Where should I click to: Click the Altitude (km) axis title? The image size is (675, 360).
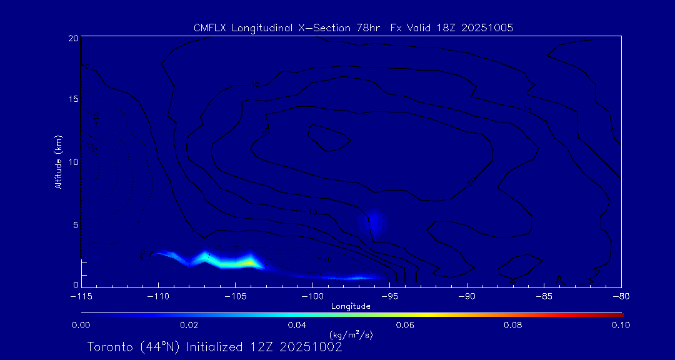[x=58, y=162]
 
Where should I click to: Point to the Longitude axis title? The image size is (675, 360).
[x=351, y=306]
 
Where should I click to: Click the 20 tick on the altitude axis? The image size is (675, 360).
[x=72, y=38]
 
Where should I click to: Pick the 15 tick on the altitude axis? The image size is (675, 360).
[x=72, y=100]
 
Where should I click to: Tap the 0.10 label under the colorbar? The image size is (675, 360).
[x=621, y=325]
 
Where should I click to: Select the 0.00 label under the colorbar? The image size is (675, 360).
[x=81, y=325]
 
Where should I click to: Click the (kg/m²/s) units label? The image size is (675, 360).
[x=351, y=335]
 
